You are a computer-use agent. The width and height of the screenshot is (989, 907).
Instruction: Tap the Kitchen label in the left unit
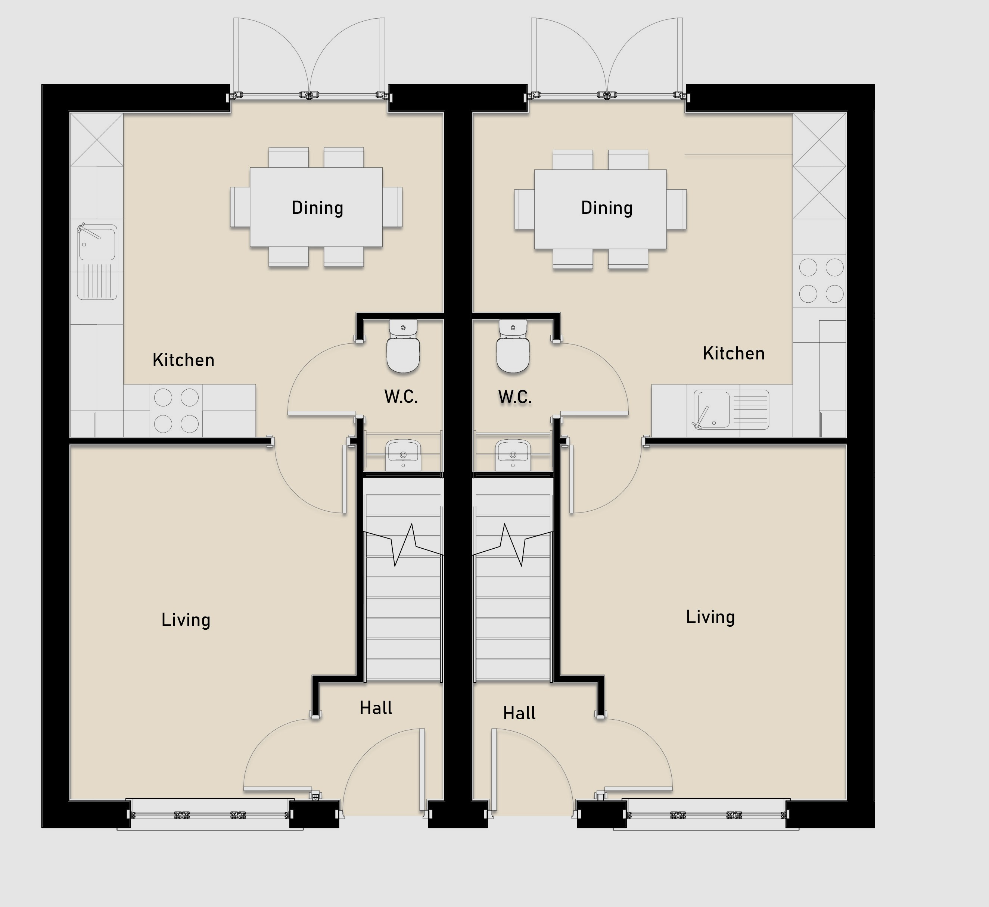coord(184,360)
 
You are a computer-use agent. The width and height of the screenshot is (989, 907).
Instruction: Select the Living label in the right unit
coord(710,617)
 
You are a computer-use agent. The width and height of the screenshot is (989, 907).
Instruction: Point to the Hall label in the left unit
coord(376,708)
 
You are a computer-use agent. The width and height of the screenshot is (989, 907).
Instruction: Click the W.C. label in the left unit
coord(401,396)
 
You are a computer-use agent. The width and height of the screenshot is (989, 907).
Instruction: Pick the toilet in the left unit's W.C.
coord(403,346)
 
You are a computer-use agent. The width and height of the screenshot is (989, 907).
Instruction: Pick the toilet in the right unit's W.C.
coord(513,346)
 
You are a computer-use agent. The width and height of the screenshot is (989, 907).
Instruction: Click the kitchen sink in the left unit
coord(97,261)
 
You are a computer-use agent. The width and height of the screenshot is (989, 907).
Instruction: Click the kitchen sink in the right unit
coord(731,410)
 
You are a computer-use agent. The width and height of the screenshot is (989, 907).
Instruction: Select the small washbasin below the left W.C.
coord(403,455)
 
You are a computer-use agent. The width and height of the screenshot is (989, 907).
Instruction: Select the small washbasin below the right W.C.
coord(513,455)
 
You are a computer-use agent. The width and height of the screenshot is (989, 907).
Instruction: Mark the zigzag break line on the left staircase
coord(404,545)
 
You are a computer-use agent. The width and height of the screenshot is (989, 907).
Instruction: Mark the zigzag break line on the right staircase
coord(513,545)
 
